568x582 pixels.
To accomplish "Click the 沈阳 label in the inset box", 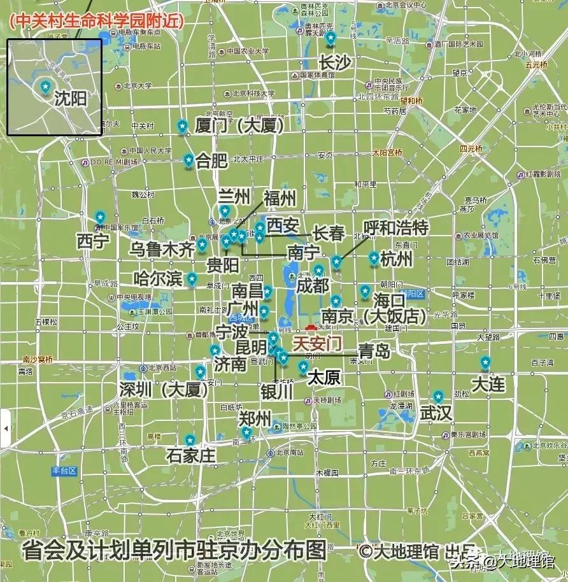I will point(70,99).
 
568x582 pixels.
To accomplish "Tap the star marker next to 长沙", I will point(330,38).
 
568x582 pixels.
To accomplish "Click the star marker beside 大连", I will point(485,362).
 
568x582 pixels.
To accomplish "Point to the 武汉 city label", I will point(436,413).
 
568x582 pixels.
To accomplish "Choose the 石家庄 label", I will point(191,456).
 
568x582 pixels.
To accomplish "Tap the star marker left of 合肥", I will point(188,160).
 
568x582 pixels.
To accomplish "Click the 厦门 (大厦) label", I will point(239,125).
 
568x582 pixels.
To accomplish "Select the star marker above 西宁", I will point(99,217).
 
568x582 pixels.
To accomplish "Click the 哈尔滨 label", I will point(159,279).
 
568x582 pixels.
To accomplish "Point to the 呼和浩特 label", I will point(395,227).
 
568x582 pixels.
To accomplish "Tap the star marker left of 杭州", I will point(374,258).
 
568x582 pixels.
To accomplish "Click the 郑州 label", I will point(255,418).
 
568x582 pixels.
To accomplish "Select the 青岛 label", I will point(374,350).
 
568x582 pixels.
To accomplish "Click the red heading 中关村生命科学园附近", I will point(97,21).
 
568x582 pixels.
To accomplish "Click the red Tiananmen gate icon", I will point(311,328).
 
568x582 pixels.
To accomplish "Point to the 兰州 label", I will point(234,195).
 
